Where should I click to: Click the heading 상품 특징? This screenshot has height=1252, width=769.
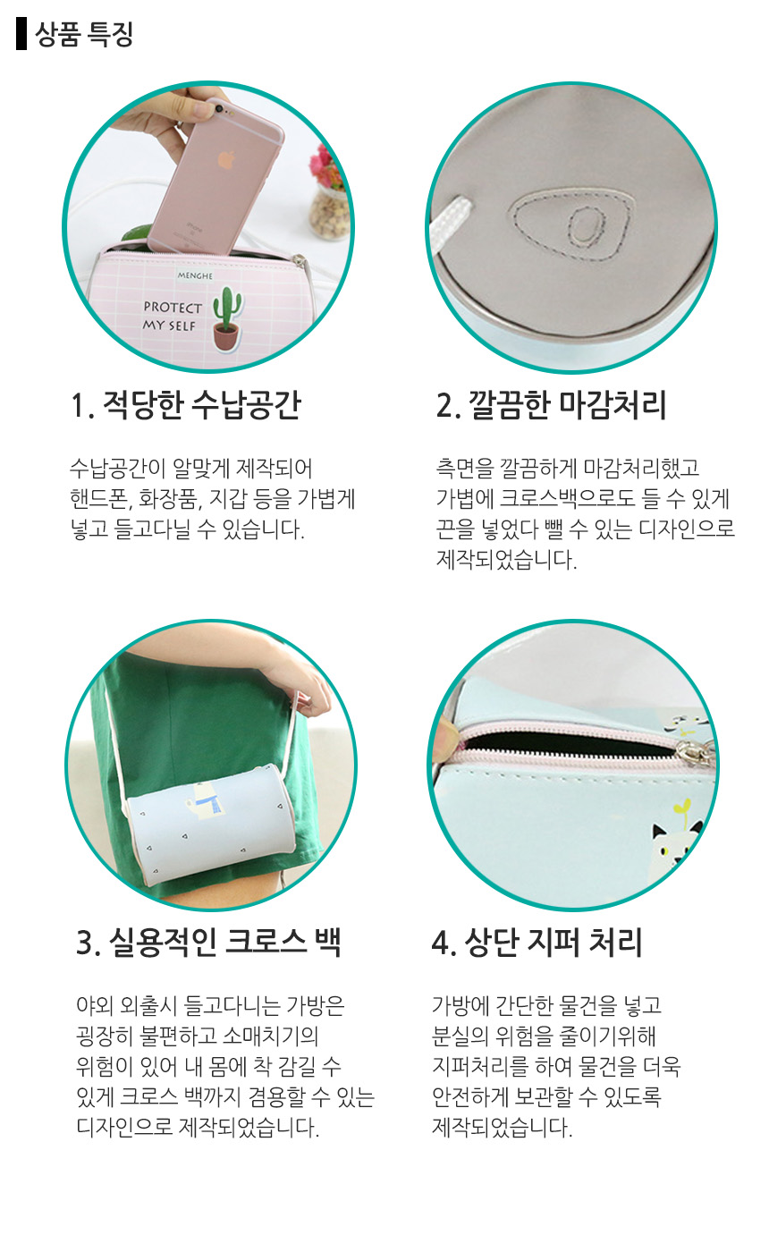84,34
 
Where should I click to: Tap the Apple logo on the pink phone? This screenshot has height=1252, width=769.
225,160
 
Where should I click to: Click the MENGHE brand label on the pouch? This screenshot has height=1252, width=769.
195,275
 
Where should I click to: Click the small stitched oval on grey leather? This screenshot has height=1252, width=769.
585,227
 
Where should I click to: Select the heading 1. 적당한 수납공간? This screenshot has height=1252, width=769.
187,404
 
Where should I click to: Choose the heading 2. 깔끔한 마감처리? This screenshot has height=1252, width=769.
551,404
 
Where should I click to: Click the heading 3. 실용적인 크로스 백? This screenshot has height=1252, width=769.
208,943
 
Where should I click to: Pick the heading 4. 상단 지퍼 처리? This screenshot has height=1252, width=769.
537,943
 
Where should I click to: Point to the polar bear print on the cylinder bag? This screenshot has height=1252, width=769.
204,806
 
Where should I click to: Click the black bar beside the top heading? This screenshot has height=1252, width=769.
21,34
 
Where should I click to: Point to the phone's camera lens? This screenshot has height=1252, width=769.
218,106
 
